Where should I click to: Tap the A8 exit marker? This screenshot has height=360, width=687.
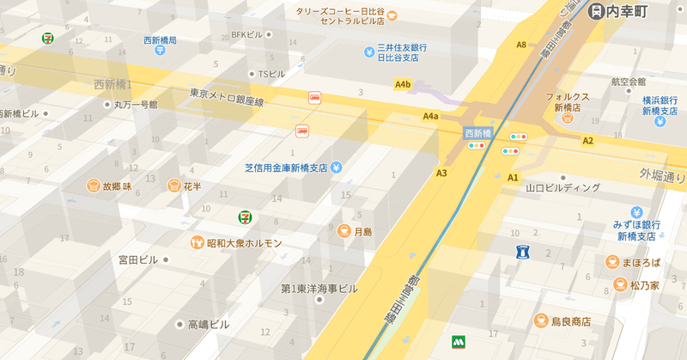click(521, 45)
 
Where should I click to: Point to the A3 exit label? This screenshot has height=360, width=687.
click(442, 174)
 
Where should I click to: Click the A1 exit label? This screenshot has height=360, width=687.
click(514, 177)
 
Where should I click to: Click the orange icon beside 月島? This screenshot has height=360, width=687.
click(343, 231)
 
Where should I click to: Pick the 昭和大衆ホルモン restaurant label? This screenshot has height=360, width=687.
click(244, 243)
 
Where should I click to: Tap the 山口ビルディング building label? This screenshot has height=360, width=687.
click(563, 187)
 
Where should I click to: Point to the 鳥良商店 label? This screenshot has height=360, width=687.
click(570, 321)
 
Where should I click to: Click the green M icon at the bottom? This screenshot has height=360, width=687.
click(458, 342)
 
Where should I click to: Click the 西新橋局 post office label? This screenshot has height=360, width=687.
click(160, 40)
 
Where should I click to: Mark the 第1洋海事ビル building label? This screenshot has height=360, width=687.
click(319, 289)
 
